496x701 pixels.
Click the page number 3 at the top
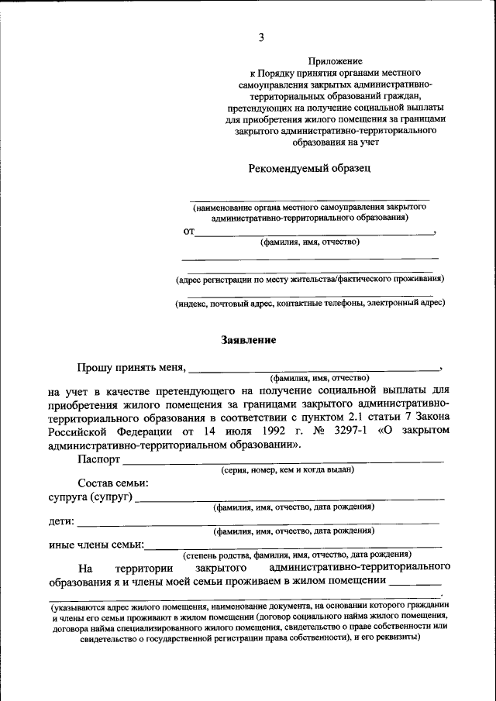click(262, 37)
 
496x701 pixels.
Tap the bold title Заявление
click(248, 339)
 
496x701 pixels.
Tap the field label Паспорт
click(98, 459)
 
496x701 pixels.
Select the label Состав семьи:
click(113, 483)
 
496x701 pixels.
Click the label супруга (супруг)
click(90, 497)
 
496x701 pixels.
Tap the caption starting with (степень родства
click(297, 555)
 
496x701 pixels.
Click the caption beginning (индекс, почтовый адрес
click(310, 304)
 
